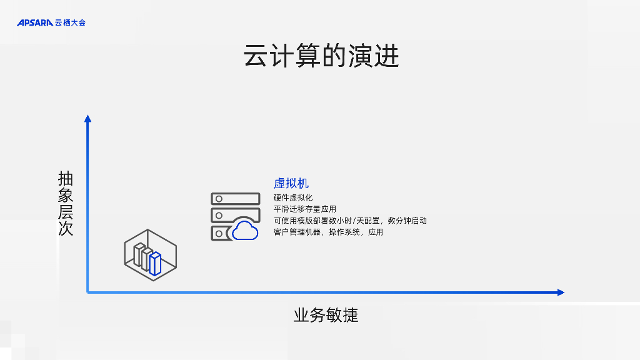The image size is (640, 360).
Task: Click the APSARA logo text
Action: [35, 23]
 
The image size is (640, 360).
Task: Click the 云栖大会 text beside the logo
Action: [70, 23]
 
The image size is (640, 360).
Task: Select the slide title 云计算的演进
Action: [321, 57]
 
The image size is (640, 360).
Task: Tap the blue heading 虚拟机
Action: [291, 184]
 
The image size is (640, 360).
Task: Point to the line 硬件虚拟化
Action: [293, 197]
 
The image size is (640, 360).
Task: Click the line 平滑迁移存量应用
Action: [305, 209]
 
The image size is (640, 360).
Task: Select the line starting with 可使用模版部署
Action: [350, 221]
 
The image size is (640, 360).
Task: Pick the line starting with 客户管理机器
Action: [328, 232]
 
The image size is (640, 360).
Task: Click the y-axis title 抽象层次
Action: [66, 204]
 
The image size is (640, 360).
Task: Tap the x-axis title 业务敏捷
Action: [326, 315]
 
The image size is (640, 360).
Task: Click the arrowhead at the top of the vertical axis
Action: [87, 118]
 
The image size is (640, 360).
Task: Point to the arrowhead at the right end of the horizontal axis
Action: [561, 292]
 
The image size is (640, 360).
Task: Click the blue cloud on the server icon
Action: [245, 231]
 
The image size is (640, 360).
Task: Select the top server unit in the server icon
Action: [235, 199]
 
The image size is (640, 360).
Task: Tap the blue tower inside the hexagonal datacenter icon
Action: [155, 263]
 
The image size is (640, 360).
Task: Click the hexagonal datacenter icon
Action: [150, 254]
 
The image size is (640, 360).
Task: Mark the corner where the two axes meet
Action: [87, 292]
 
